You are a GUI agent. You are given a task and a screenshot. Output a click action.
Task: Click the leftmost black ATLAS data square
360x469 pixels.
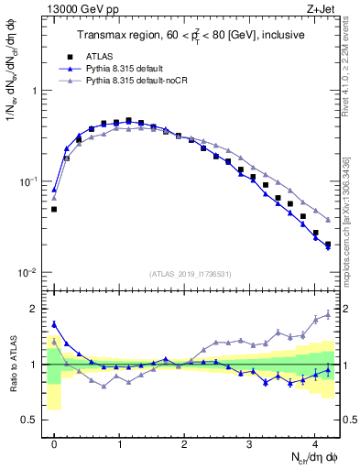[x=54, y=210]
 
